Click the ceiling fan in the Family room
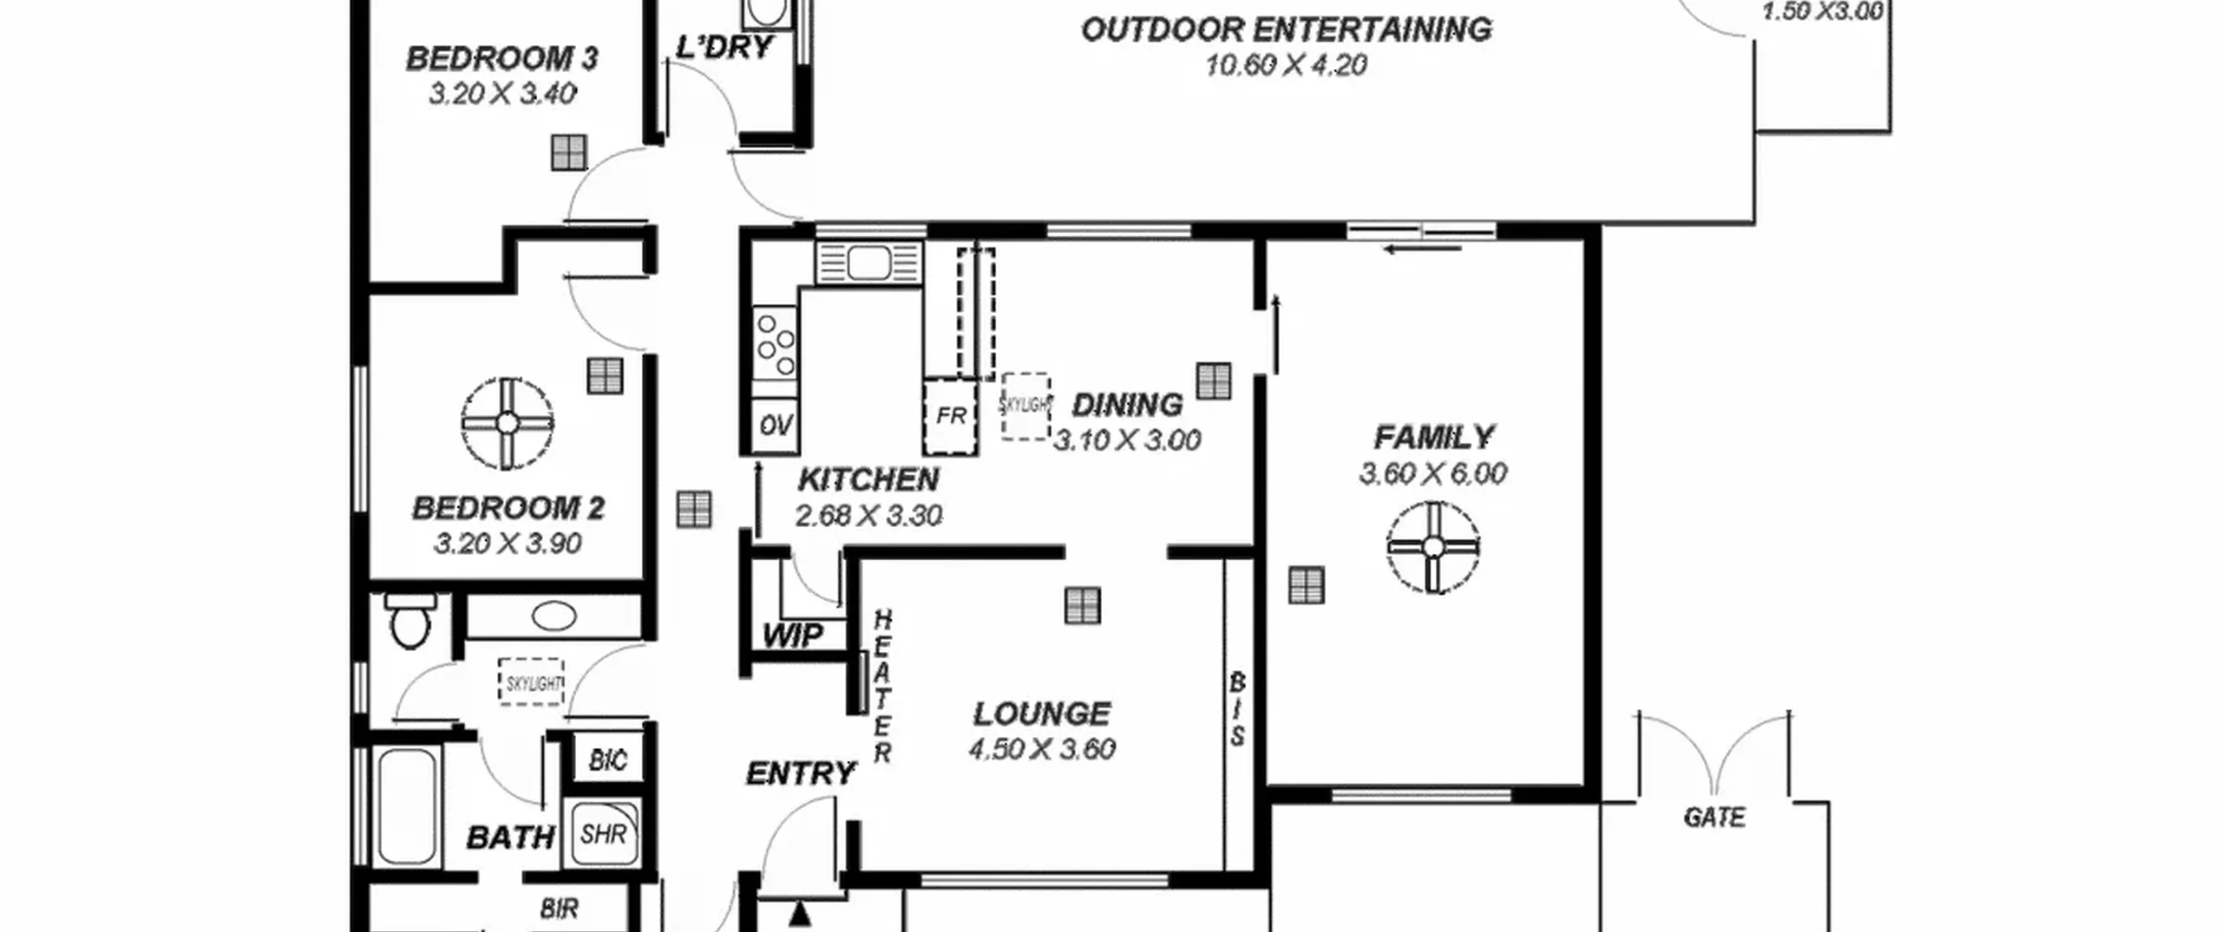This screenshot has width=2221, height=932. pyautogui.click(x=1432, y=547)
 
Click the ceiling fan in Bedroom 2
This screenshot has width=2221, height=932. pyautogui.click(x=508, y=423)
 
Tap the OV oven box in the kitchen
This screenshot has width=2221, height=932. pyautogui.click(x=775, y=425)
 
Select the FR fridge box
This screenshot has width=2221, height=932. pyautogui.click(x=950, y=416)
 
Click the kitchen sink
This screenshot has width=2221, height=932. pyautogui.click(x=868, y=263)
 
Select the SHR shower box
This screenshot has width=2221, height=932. pyautogui.click(x=603, y=833)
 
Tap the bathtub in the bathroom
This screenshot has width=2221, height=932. pyautogui.click(x=407, y=806)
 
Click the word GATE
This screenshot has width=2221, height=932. pyautogui.click(x=1713, y=818)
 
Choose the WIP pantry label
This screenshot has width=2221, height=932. pyautogui.click(x=792, y=635)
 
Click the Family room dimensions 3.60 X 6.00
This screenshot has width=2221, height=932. pyautogui.click(x=1432, y=473)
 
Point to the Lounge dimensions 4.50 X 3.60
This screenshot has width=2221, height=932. pyautogui.click(x=1042, y=748)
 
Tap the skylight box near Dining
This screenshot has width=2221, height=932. pyautogui.click(x=1025, y=406)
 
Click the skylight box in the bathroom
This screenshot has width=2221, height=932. pyautogui.click(x=532, y=682)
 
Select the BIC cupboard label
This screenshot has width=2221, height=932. pyautogui.click(x=607, y=760)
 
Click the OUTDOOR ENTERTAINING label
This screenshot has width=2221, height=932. pyautogui.click(x=1286, y=29)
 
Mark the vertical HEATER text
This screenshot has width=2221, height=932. pyautogui.click(x=882, y=687)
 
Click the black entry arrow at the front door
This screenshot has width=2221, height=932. pyautogui.click(x=799, y=913)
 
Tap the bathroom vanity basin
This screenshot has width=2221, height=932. pyautogui.click(x=554, y=616)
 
